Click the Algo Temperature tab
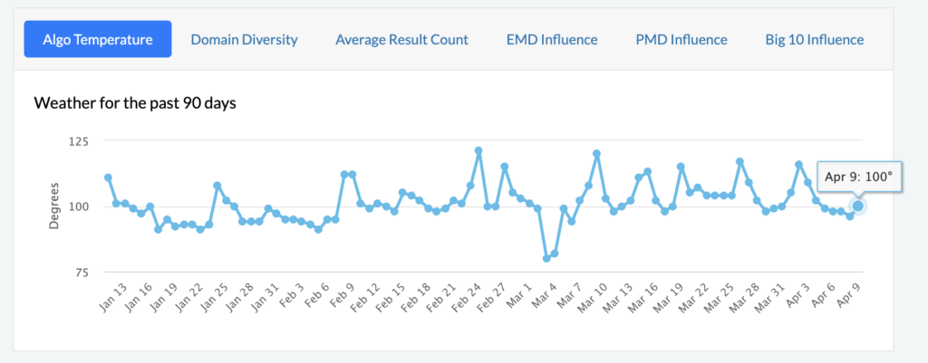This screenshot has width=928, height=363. click(x=98, y=40)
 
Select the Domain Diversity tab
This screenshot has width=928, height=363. click(x=244, y=40)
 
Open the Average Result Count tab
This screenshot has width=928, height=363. click(x=401, y=40)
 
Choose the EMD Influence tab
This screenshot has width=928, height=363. click(x=552, y=40)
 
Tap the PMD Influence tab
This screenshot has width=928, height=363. click(x=681, y=40)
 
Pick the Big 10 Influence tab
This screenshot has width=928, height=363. click(x=814, y=40)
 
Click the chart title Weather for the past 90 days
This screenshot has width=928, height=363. click(x=135, y=103)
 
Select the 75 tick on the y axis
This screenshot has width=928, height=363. click(x=82, y=272)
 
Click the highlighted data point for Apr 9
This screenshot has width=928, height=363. click(x=858, y=206)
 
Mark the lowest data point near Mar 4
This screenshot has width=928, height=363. click(x=546, y=258)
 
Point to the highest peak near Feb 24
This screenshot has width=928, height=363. click(x=478, y=150)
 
